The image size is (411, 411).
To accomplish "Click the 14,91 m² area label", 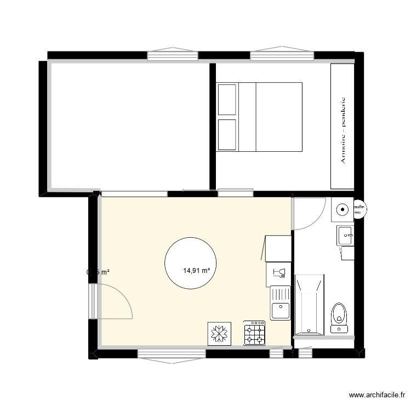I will (197, 270).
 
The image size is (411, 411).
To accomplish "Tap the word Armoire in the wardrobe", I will (343, 149).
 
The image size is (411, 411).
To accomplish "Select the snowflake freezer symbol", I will (219, 334).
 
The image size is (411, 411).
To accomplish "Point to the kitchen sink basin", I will (281, 310).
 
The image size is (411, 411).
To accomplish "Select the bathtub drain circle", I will (310, 330).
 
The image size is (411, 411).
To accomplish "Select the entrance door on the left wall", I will (112, 301).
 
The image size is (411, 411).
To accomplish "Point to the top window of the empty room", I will (173, 55).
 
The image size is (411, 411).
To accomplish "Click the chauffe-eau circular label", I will (360, 208).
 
